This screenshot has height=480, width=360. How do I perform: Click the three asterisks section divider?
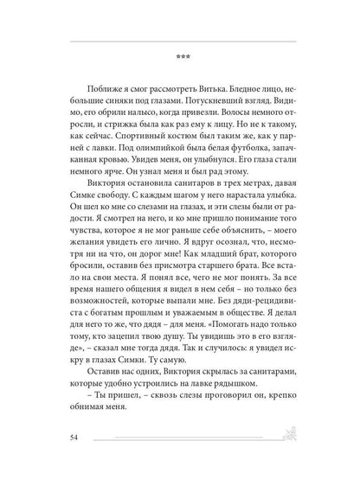(x=181, y=58)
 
